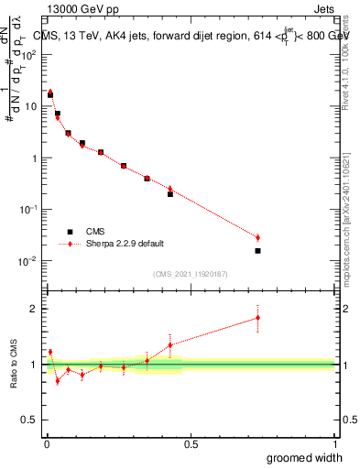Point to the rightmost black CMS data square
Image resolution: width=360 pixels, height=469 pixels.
click(257, 250)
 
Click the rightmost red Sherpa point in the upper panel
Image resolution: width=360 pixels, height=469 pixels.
click(257, 237)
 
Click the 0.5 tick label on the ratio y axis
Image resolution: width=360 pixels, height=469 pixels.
click(30, 420)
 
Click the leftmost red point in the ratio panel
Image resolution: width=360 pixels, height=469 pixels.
click(50, 352)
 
